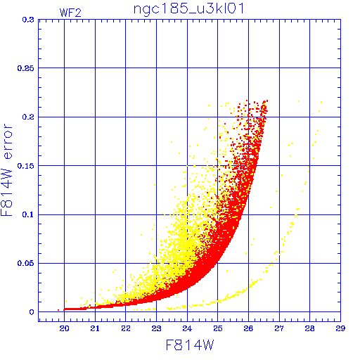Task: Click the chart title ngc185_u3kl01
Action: (x=189, y=9)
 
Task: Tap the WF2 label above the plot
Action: (x=70, y=13)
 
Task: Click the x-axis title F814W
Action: (x=190, y=345)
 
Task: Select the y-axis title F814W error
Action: (x=7, y=170)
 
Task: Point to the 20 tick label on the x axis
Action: (x=64, y=328)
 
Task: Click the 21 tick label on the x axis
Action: (x=95, y=328)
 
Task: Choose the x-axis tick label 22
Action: (x=126, y=328)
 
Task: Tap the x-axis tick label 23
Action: (x=156, y=328)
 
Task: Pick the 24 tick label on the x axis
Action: (x=187, y=328)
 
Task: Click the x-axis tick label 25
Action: (x=218, y=328)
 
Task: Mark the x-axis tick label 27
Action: (x=279, y=328)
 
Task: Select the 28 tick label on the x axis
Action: (x=309, y=328)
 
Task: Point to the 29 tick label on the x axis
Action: (x=340, y=328)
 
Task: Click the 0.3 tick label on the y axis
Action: (x=28, y=20)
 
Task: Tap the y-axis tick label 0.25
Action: (x=26, y=68)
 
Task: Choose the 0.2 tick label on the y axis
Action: (x=28, y=117)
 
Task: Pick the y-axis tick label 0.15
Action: (x=26, y=166)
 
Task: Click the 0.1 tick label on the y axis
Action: (x=28, y=214)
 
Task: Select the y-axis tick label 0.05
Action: (x=26, y=263)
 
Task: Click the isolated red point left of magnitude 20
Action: (x=58, y=310)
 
